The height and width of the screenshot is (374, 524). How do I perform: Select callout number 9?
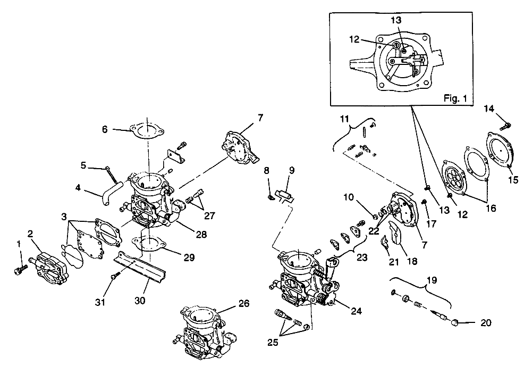point(291,171)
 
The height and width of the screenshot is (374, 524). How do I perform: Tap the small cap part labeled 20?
point(455,322)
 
